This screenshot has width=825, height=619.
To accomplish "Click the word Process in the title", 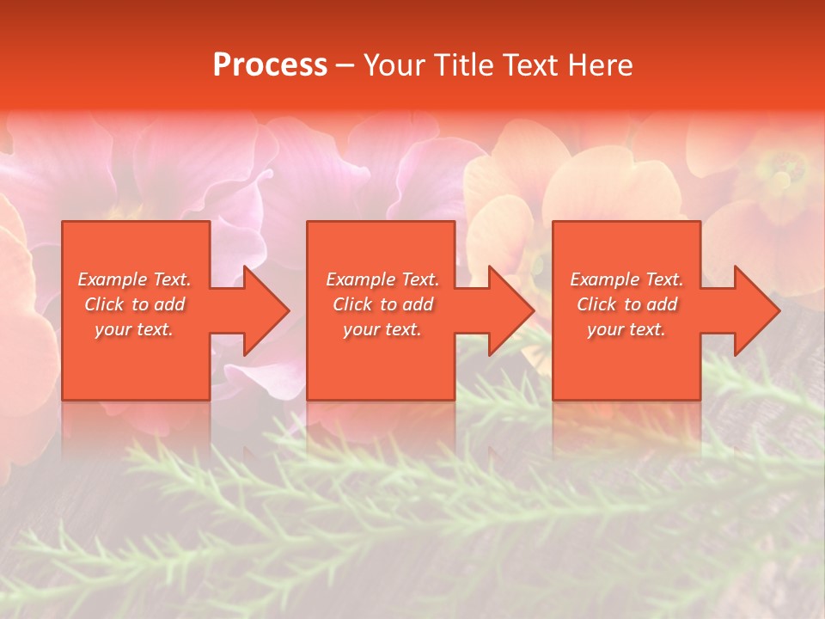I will [270, 65].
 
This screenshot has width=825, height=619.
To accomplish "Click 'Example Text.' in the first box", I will [135, 279].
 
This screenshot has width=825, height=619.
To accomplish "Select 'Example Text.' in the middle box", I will [382, 279].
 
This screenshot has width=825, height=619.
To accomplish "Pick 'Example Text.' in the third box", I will [626, 279].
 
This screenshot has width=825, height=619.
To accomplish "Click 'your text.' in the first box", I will [135, 329].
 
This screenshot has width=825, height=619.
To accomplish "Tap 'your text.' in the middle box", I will [382, 329].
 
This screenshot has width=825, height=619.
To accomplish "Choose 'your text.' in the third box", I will [626, 329].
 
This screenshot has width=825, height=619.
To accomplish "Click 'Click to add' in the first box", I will [135, 304].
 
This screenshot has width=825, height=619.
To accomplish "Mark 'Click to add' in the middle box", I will [382, 304].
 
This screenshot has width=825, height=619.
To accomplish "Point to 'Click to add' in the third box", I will [626, 304].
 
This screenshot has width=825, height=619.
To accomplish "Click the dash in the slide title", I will [345, 66].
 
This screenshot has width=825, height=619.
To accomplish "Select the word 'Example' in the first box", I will [111, 279].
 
